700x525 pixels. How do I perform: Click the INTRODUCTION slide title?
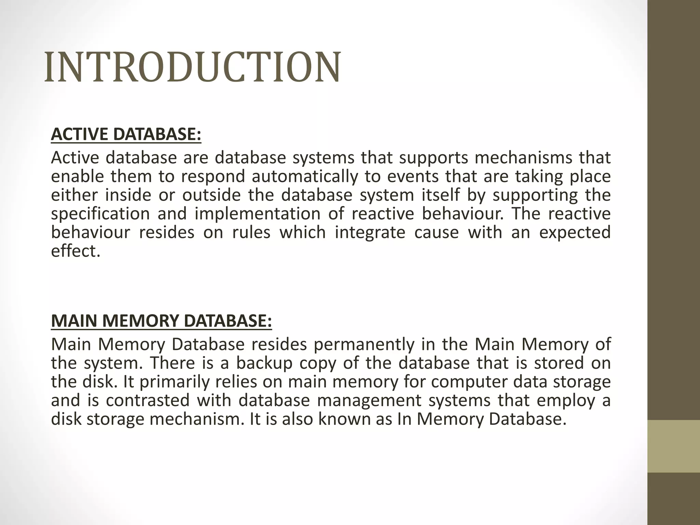click(192, 67)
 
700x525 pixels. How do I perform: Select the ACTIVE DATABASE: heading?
click(126, 134)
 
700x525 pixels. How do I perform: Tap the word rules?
click(251, 232)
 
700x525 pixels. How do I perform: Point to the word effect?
click(76, 251)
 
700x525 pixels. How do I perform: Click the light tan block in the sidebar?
click(674, 446)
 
